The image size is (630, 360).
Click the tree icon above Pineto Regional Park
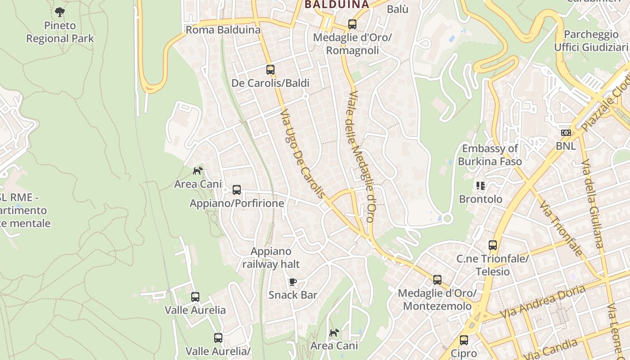point(60,12)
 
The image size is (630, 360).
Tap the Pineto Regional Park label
point(60,32)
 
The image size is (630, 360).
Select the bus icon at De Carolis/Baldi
point(270,70)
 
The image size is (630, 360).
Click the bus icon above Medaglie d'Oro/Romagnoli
point(352,24)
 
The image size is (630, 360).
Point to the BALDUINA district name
point(337,4)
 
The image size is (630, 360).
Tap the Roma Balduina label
point(223,30)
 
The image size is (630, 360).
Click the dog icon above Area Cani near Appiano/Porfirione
point(198,171)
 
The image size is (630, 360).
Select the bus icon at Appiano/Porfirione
point(236,190)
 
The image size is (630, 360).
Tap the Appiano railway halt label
point(271,257)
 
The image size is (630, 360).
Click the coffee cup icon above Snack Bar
point(292,282)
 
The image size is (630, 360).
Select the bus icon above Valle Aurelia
point(195,297)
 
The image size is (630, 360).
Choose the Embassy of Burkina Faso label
point(490,155)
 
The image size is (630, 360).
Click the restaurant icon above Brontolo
point(481,186)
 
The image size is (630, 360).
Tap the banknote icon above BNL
point(566,133)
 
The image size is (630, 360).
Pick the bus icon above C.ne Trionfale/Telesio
point(493,245)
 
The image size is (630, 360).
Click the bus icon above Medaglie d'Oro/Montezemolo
point(437,280)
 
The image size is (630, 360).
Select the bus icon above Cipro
point(463,340)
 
